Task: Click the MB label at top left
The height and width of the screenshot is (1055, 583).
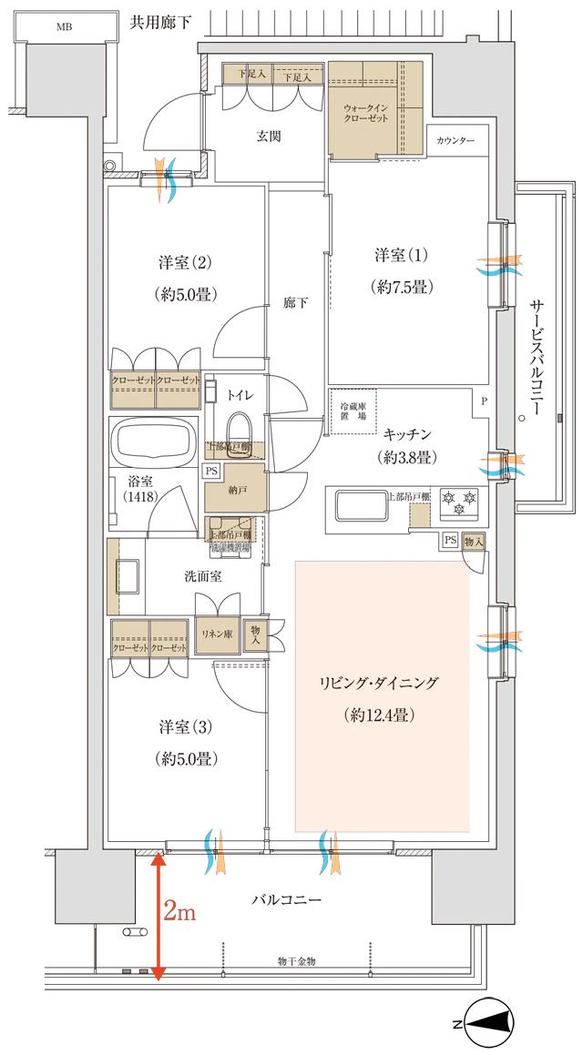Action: coord(64,26)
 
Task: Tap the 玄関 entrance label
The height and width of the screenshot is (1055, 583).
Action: coord(268,137)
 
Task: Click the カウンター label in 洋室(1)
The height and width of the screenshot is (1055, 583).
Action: coord(455,141)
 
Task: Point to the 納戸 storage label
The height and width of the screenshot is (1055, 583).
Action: coord(235,489)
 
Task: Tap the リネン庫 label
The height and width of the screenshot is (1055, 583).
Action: coord(215,633)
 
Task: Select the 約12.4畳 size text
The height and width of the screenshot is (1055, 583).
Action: coord(382,715)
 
